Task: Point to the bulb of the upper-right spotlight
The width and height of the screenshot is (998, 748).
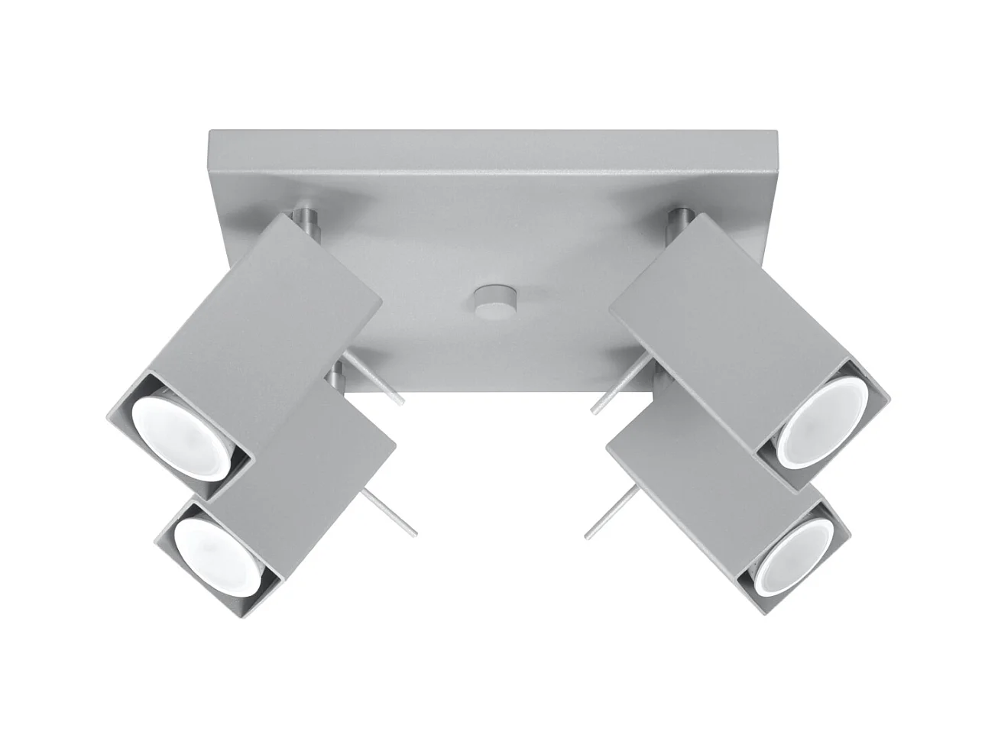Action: [x=821, y=426]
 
